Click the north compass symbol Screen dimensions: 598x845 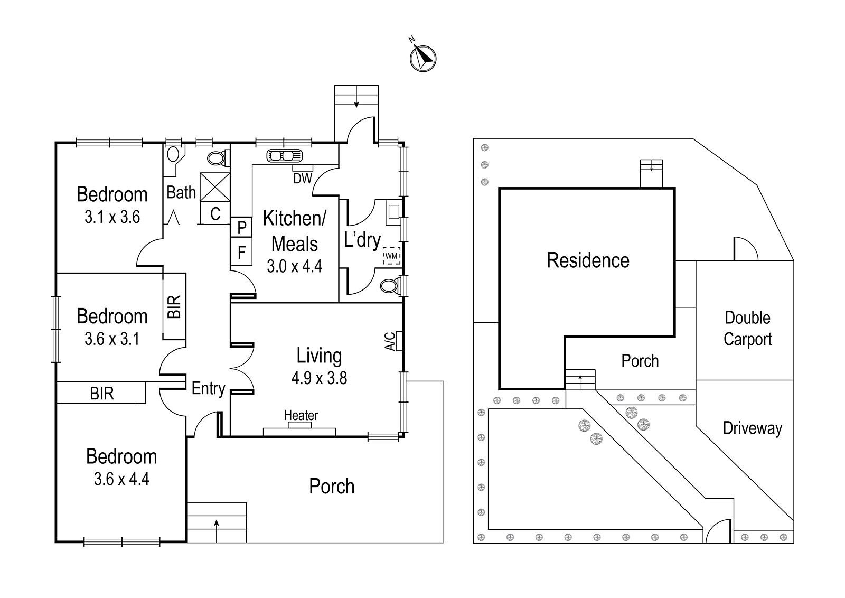coord(422,58)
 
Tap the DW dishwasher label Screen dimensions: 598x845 coord(303,179)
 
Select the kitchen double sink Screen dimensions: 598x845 coord(284,156)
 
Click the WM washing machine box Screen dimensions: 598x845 coord(391,256)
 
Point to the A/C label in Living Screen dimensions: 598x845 coord(390,341)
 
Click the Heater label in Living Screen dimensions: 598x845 coord(301,416)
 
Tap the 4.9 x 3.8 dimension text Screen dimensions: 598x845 coord(319,378)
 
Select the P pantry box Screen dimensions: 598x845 coord(242,228)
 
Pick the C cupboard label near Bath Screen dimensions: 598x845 coord(215,214)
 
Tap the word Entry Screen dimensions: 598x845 coord(208,389)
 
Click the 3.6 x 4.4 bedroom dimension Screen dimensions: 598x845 coord(121,479)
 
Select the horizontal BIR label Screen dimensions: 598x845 coord(102,394)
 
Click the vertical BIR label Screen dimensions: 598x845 coord(175,306)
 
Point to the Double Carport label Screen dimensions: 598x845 coord(747,328)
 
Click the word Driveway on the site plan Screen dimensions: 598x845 coord(752,428)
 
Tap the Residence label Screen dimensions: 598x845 coord(588,260)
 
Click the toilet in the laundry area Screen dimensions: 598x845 coord(390,286)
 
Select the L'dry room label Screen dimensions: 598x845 coord(362,240)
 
